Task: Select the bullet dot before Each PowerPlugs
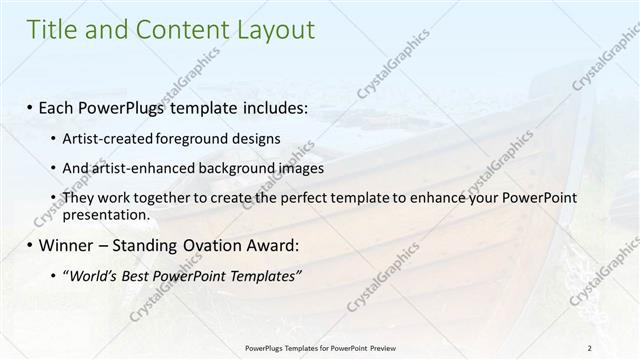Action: [31, 106]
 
